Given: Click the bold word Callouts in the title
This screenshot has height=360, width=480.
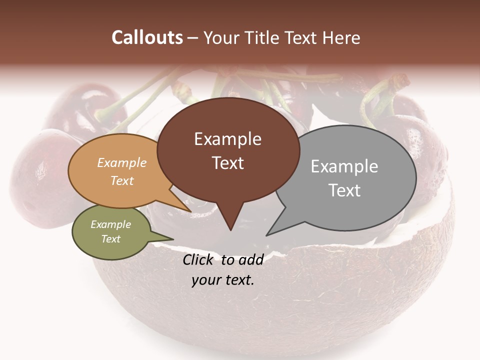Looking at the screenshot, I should [147, 37].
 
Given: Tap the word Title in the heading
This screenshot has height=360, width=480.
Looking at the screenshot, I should [261, 37].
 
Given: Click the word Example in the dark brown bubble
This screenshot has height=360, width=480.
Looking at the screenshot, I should [227, 139].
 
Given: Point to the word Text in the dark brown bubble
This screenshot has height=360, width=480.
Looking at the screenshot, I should [227, 163].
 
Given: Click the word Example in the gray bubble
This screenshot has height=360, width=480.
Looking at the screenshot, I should [344, 166].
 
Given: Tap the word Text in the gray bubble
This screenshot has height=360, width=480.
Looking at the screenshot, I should [344, 190].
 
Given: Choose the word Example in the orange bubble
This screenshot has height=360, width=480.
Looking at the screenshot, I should [121, 162].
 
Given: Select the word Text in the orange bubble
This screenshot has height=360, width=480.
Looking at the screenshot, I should [121, 180].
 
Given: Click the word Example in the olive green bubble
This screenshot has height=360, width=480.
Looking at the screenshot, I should [110, 224].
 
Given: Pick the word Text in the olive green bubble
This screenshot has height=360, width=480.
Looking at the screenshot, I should [110, 239].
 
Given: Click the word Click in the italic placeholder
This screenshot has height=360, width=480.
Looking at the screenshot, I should [199, 260].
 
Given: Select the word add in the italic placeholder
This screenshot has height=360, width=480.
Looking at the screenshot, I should [251, 260].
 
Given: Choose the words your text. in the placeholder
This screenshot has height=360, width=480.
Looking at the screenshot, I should [223, 280].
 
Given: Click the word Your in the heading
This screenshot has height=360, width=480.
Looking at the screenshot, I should [220, 37].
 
